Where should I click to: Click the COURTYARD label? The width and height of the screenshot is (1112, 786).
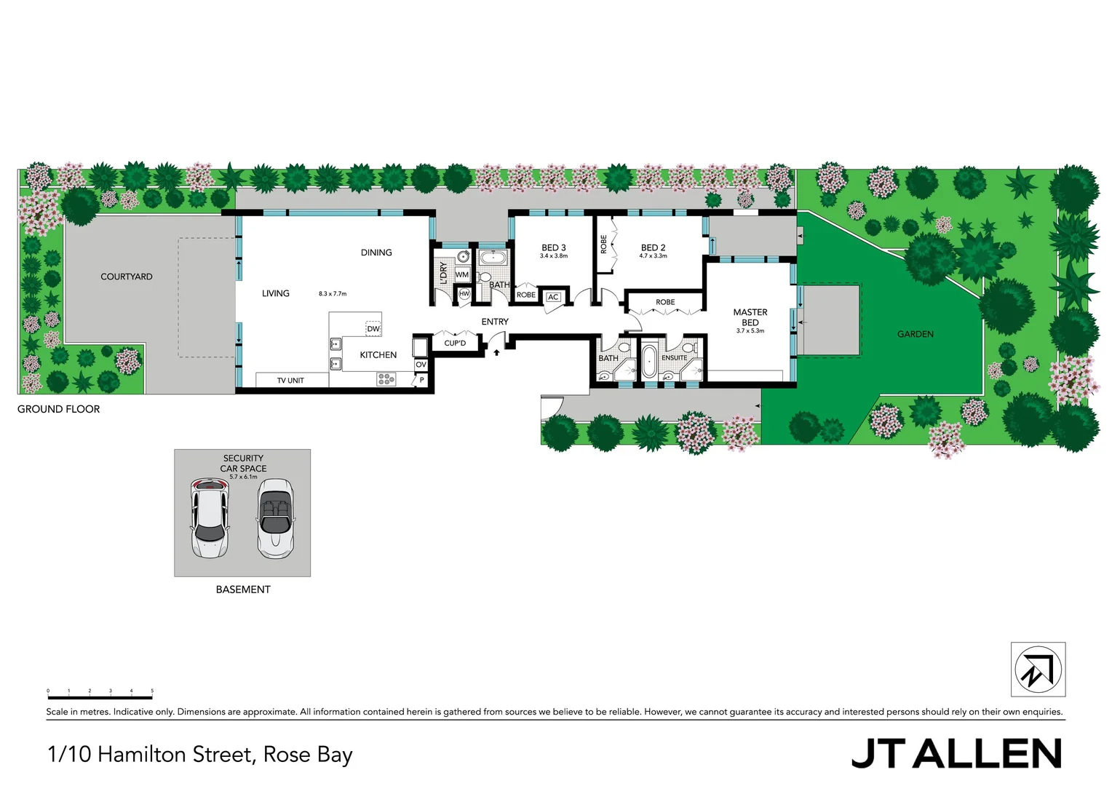coord(127,277)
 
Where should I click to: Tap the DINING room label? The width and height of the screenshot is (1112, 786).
coord(376,253)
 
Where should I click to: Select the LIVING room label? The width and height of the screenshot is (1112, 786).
coord(276,293)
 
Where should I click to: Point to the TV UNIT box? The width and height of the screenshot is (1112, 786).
coord(291,380)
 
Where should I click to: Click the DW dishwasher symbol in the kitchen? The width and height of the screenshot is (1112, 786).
coord(373,328)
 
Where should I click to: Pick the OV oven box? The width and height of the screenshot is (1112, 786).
coord(421,365)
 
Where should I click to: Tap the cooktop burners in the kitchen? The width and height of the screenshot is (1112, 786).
coord(386,378)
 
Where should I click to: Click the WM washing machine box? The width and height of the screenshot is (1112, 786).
coord(462,274)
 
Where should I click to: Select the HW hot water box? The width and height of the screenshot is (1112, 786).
coord(464,293)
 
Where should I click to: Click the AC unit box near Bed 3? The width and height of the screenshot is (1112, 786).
coord(553,297)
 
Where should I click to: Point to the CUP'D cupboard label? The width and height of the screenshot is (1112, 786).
coord(455,343)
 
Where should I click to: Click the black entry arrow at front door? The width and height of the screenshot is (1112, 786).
coord(497,353)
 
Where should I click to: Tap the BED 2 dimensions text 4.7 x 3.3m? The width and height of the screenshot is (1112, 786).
coord(653,256)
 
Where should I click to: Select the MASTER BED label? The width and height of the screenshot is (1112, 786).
coord(750,317)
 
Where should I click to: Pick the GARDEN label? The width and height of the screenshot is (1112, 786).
coord(915,334)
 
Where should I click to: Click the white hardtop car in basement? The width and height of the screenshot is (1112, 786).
coord(210,518)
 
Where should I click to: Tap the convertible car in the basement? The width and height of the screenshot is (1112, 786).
coord(275,518)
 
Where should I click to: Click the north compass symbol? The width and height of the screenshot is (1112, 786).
coord(1038,670)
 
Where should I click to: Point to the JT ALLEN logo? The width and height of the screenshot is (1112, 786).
coord(956,753)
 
